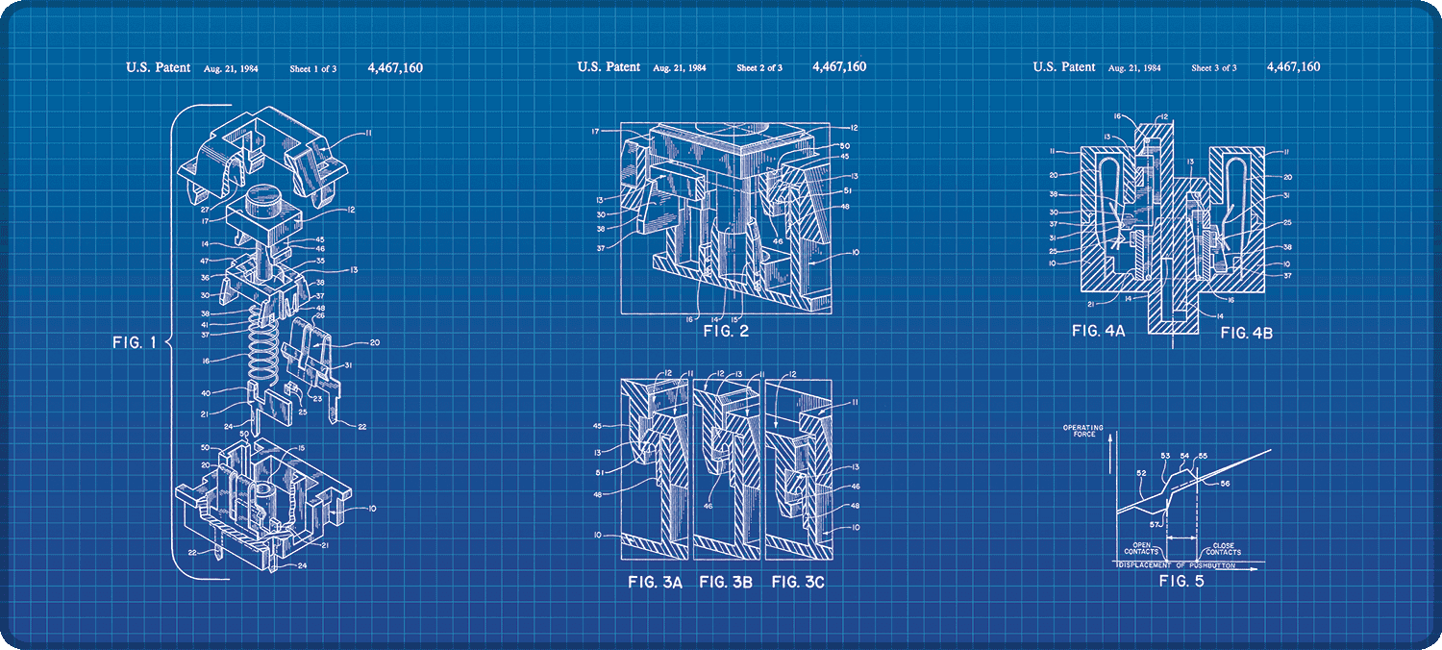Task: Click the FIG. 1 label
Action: pos(134,342)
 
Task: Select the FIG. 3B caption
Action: pos(726,582)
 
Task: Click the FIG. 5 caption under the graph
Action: pos(1181,581)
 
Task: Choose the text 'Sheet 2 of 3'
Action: pos(759,68)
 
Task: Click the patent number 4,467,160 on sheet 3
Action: pos(1293,67)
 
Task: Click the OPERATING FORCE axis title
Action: pos(1083,431)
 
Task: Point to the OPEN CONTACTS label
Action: pos(1143,548)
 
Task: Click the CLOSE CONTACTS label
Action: pos(1223,548)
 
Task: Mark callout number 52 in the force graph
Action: pos(1141,472)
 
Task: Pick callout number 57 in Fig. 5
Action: pos(1155,524)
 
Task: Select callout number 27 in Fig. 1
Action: pos(206,208)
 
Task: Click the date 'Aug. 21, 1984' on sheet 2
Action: pos(680,68)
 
